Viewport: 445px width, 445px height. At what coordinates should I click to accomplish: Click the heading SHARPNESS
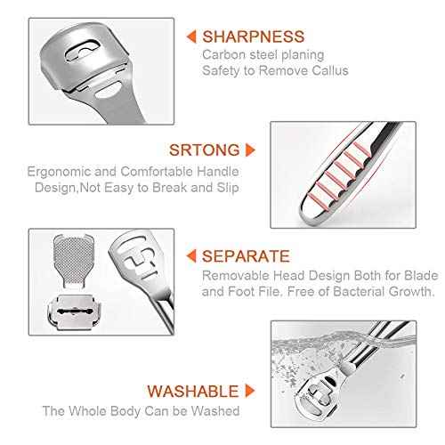(253, 36)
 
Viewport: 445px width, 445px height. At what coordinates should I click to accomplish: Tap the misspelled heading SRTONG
(204, 150)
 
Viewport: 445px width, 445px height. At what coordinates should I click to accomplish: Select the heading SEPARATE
(246, 257)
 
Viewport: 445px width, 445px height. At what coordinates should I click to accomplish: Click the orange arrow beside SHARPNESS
(190, 36)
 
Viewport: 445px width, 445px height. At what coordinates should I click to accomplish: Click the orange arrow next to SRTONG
(250, 150)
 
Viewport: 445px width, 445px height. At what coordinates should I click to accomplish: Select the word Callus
(326, 70)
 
